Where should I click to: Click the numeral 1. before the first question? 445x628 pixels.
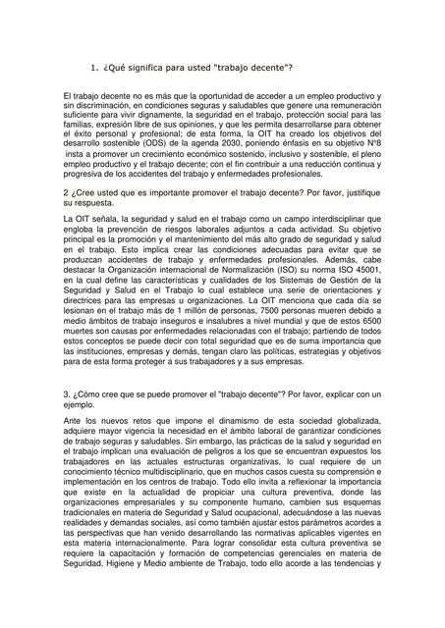(x=93, y=68)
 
